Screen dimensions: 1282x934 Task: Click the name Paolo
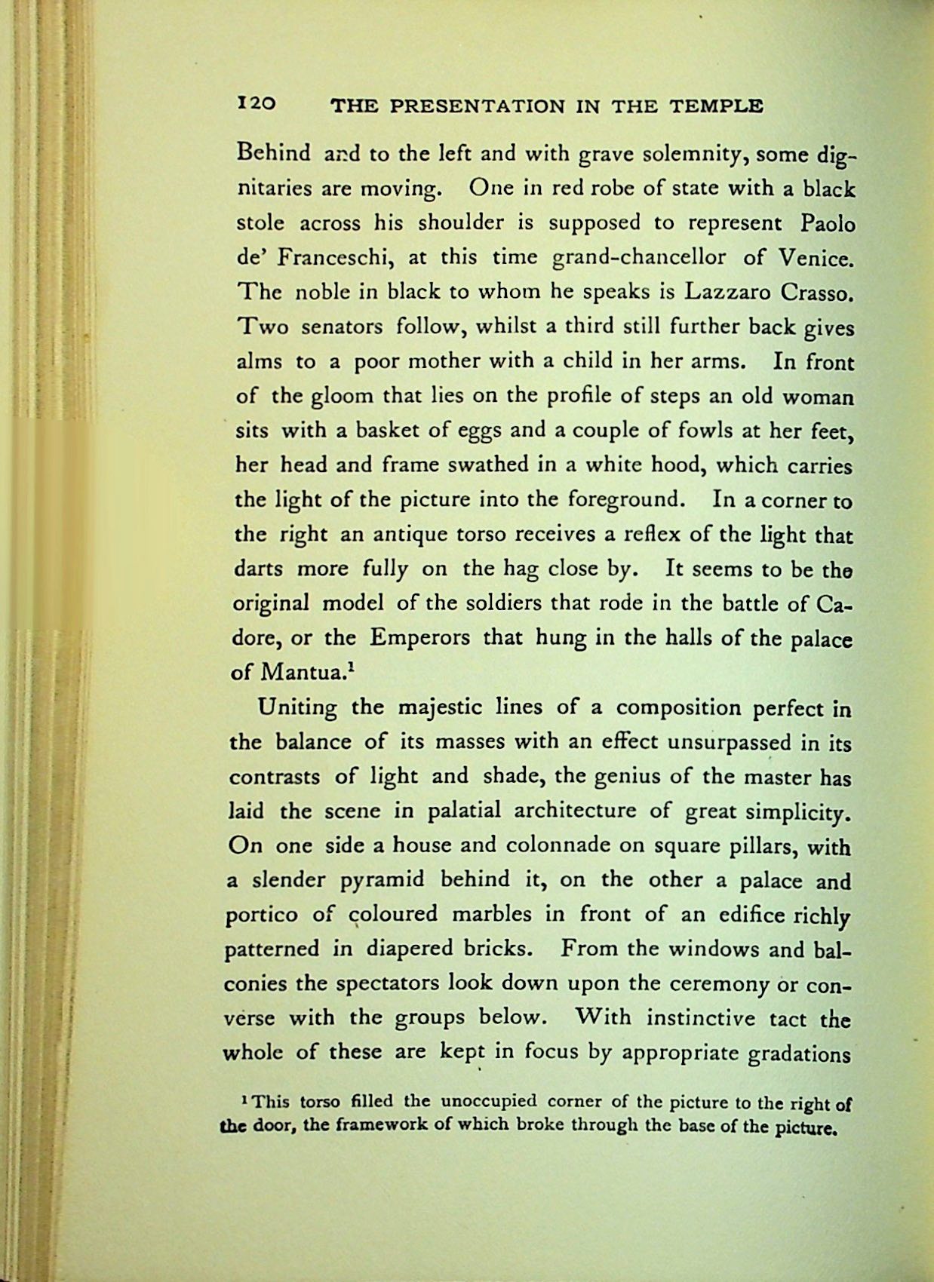pyautogui.click(x=825, y=223)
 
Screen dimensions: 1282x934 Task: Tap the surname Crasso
pyautogui.click(x=818, y=293)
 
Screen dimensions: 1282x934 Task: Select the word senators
pyautogui.click(x=344, y=328)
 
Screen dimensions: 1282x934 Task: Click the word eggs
pyautogui.click(x=480, y=431)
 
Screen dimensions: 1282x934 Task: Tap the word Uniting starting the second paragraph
pyautogui.click(x=297, y=708)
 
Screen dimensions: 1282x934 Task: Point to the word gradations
pyautogui.click(x=799, y=1053)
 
